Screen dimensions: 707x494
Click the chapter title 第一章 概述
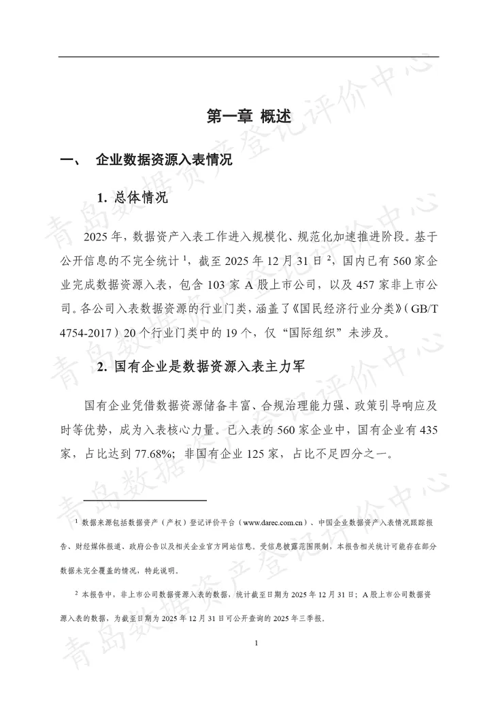coord(248,116)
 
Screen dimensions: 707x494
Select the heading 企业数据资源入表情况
coord(164,161)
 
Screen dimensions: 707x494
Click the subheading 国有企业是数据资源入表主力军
coord(203,366)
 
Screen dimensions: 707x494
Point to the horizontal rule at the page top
coord(248,57)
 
